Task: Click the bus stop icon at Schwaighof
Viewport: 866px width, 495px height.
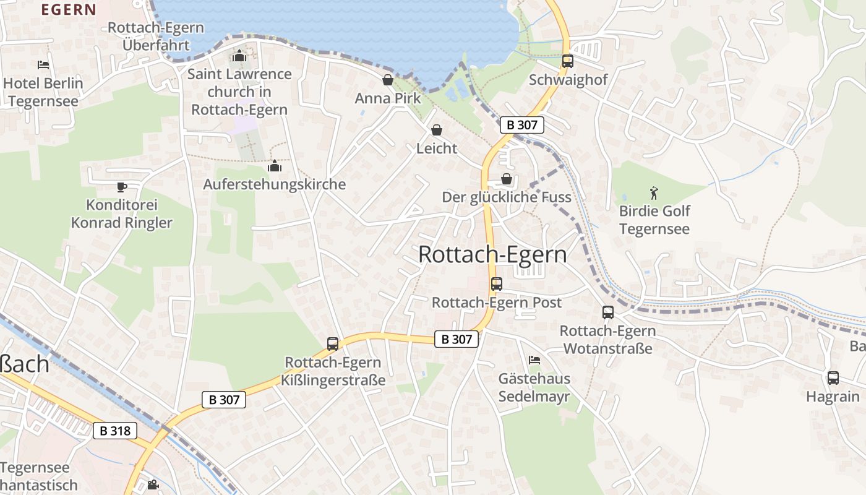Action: click(567, 61)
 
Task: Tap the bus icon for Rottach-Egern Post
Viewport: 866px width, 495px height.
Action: click(496, 284)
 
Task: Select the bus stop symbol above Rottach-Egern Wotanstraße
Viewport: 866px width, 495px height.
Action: click(607, 312)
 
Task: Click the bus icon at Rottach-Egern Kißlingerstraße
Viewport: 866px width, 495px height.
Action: click(333, 344)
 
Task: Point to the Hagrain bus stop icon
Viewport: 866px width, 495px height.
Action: click(833, 378)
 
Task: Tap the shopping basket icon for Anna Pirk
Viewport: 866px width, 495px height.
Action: click(388, 80)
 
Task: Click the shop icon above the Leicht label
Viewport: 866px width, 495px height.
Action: click(437, 130)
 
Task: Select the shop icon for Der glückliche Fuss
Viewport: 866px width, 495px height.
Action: click(507, 179)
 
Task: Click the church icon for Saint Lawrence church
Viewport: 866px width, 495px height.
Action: click(239, 56)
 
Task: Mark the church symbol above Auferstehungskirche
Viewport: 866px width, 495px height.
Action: click(275, 166)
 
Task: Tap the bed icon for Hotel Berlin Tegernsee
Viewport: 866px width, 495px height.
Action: click(43, 65)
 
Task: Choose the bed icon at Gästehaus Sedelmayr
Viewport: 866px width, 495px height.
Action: click(534, 360)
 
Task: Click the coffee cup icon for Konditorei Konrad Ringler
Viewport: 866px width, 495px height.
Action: click(122, 187)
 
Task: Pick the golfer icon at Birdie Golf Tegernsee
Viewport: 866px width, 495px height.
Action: click(654, 193)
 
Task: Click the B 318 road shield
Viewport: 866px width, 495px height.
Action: click(115, 430)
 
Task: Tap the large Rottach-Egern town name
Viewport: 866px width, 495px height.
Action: click(492, 254)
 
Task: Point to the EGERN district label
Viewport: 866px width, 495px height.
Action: click(68, 9)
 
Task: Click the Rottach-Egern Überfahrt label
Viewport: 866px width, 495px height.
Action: click(156, 37)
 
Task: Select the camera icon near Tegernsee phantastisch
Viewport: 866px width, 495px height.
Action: click(153, 485)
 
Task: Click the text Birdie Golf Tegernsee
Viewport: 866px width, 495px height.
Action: click(654, 220)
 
